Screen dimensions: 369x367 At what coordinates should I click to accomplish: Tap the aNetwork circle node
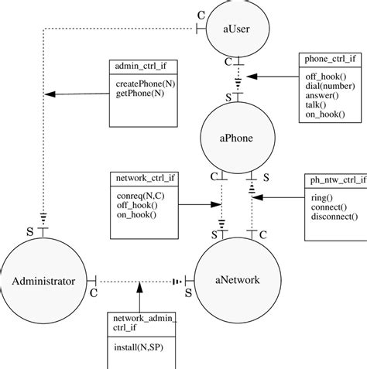[236, 280]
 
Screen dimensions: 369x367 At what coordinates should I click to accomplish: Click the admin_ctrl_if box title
[139, 67]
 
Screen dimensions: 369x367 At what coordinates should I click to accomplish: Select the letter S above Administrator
[29, 231]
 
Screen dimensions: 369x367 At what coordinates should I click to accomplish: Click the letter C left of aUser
[201, 15]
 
